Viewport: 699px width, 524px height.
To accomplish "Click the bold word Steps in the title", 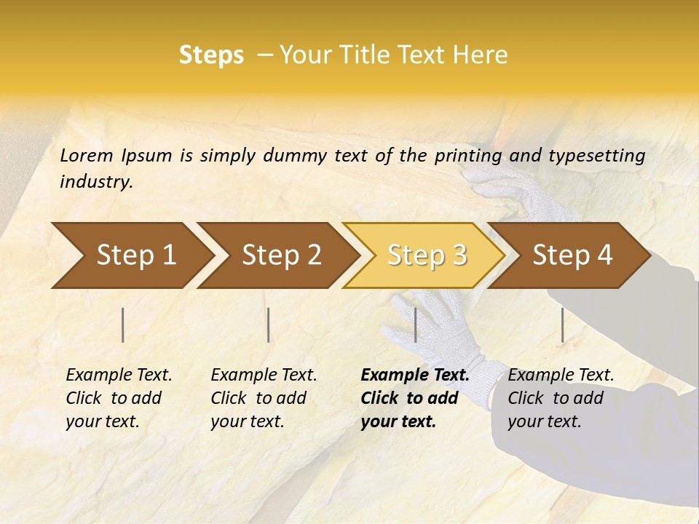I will click(x=211, y=55).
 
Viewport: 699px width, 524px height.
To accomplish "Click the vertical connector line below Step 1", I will click(x=123, y=325).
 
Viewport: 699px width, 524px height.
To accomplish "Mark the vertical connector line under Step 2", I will click(x=269, y=325).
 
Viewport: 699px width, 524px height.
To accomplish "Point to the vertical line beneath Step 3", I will click(x=415, y=325).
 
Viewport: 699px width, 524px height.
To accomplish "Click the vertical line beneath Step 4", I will click(x=562, y=325).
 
